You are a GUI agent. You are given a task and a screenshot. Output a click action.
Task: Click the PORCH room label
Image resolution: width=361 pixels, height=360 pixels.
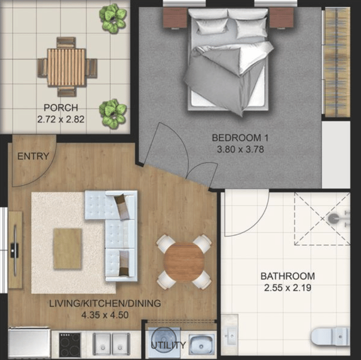click(61, 107)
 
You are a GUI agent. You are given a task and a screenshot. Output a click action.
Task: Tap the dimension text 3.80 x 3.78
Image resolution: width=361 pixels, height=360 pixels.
click(240, 150)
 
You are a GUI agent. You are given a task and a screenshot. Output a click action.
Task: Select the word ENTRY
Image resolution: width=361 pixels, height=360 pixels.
click(33, 156)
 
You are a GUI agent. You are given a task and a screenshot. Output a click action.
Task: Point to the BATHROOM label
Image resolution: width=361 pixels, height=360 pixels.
click(288, 276)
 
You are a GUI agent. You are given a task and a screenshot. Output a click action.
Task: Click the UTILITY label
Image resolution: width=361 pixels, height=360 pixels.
click(168, 345)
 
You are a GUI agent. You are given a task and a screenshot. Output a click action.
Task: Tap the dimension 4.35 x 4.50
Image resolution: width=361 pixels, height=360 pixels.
click(105, 315)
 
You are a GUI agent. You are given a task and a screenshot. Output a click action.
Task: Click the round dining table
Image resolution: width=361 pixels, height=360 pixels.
click(184, 263)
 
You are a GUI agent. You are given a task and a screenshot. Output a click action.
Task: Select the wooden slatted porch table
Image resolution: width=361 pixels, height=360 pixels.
click(67, 68)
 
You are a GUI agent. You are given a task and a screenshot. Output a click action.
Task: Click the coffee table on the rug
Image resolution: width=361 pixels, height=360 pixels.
click(68, 249)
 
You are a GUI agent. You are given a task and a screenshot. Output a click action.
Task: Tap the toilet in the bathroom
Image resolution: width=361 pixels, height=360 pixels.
click(330, 336)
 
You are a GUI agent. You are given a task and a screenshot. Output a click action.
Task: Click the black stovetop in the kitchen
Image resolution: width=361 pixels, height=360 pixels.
click(70, 344)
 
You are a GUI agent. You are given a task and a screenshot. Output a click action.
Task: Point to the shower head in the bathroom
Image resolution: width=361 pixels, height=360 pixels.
click(333, 218)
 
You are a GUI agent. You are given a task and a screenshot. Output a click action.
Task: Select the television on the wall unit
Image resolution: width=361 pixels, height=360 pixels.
click(14, 250)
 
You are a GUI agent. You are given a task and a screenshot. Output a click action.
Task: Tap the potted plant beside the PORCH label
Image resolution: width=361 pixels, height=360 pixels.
click(113, 114)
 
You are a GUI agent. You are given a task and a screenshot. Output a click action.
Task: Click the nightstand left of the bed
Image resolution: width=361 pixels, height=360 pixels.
click(175, 18)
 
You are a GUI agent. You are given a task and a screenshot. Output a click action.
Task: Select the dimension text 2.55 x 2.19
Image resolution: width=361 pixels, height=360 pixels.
click(288, 287)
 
